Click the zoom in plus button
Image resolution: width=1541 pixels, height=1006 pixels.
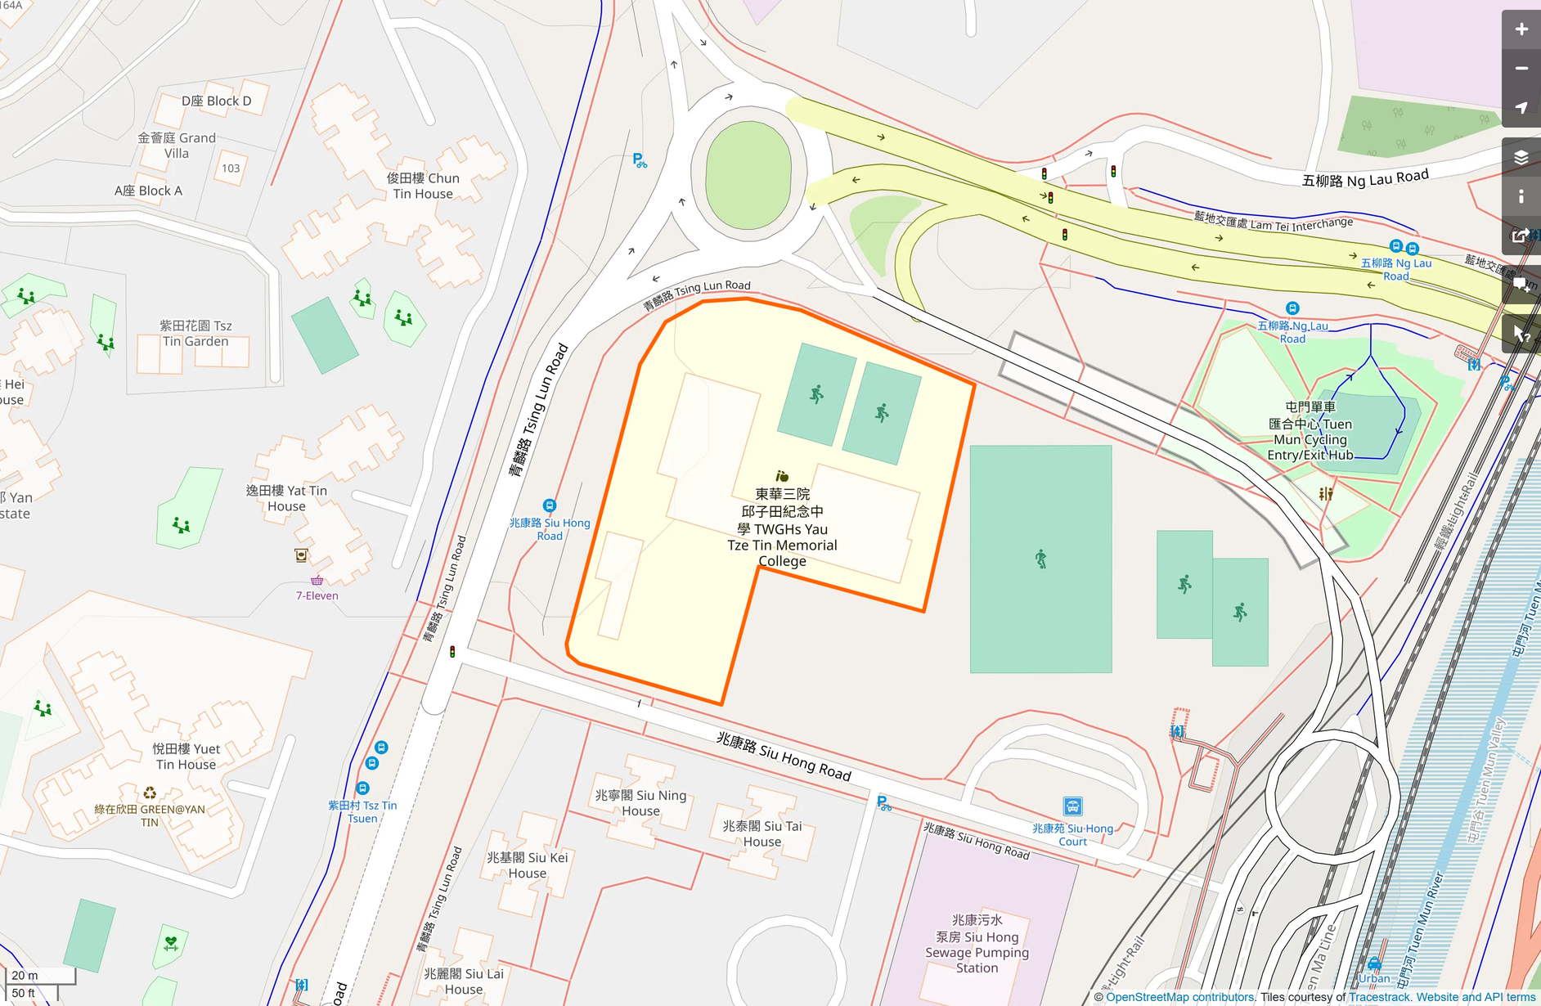click(x=1521, y=29)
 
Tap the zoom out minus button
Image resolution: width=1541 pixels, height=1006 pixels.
click(x=1521, y=69)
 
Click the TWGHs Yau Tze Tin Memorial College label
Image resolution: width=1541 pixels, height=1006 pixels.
click(x=782, y=528)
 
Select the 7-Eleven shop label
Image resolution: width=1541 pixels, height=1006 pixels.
click(x=317, y=595)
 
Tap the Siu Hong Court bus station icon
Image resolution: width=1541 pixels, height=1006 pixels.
click(x=1072, y=806)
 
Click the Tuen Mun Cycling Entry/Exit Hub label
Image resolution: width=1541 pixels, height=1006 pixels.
click(x=1310, y=431)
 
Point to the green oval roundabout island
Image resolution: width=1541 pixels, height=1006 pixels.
click(x=748, y=176)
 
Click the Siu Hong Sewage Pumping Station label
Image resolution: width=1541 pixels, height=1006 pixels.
click(x=977, y=944)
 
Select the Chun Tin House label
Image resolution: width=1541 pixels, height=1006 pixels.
click(x=423, y=186)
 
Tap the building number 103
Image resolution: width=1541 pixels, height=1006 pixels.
click(x=231, y=168)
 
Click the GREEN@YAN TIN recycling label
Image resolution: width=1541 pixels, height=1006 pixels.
click(x=150, y=815)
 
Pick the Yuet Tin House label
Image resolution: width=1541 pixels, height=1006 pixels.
click(x=186, y=757)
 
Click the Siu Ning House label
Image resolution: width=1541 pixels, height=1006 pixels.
click(x=640, y=802)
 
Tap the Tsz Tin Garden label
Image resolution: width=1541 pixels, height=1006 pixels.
click(x=195, y=334)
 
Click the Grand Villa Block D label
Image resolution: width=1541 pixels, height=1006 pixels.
click(x=216, y=101)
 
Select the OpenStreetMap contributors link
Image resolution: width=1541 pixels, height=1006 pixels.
click(x=1179, y=997)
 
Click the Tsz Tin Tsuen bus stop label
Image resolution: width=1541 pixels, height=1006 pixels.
click(x=362, y=811)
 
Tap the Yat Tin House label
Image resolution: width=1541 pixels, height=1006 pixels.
click(x=286, y=498)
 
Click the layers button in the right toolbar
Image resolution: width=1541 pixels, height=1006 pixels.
click(x=1521, y=157)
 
